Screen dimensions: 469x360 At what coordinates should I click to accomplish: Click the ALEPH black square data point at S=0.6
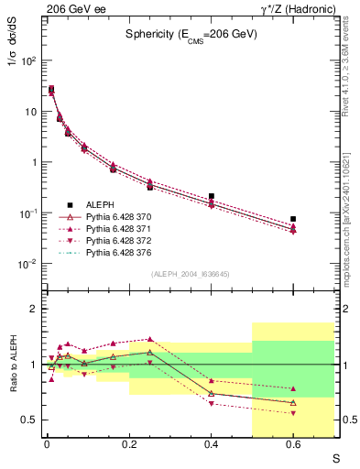(293, 219)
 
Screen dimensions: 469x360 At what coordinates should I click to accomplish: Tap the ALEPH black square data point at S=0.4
(212, 196)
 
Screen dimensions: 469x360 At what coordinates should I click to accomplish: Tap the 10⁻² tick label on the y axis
(27, 264)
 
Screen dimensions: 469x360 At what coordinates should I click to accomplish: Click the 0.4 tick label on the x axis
(212, 445)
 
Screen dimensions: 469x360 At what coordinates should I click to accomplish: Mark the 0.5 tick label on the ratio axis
(29, 420)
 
